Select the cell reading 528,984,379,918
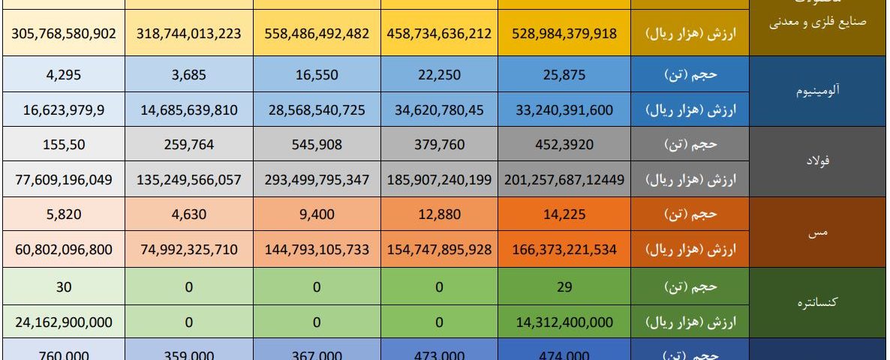coord(564,34)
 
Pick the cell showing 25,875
coord(564,74)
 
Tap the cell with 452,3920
coord(564,145)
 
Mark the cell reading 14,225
coord(564,215)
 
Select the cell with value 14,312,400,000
coord(564,322)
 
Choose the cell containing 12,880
coord(440,215)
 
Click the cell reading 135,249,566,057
coord(189,180)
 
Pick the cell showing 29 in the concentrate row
coord(564,286)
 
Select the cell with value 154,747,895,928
coord(440,250)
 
